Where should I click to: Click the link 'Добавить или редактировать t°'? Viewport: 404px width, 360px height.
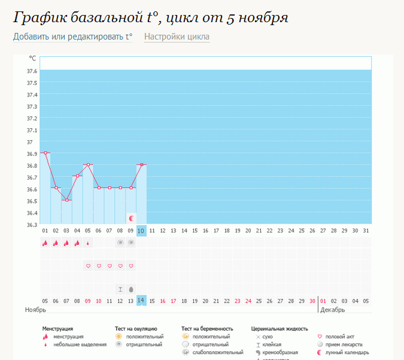pyautogui.click(x=73, y=37)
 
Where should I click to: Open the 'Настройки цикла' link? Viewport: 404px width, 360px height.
pyautogui.click(x=177, y=37)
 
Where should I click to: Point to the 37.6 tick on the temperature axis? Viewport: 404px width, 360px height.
pyautogui.click(x=32, y=71)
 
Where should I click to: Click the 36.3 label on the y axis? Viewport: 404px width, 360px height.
pyautogui.click(x=32, y=225)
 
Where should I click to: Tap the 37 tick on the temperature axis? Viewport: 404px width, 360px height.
pyautogui.click(x=29, y=142)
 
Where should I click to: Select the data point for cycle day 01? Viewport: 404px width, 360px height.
pyautogui.click(x=45, y=153)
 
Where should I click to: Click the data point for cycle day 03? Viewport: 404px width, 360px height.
pyautogui.click(x=66, y=200)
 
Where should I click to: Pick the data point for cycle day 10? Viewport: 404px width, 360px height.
pyautogui.click(x=141, y=165)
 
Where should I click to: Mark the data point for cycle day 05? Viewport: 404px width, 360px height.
pyautogui.click(x=88, y=165)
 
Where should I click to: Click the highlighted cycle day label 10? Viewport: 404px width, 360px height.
pyautogui.click(x=141, y=231)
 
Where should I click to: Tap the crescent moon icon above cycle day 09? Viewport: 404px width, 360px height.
pyautogui.click(x=131, y=219)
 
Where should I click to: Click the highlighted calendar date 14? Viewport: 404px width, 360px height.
pyautogui.click(x=141, y=301)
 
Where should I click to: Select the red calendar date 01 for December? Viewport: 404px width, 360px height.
pyautogui.click(x=323, y=301)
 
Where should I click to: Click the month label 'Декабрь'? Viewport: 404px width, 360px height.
pyautogui.click(x=333, y=310)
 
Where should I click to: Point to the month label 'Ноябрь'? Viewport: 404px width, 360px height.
pyautogui.click(x=35, y=310)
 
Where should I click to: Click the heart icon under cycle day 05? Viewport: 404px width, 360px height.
pyautogui.click(x=88, y=266)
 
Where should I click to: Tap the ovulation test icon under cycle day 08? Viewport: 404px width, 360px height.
pyautogui.click(x=120, y=243)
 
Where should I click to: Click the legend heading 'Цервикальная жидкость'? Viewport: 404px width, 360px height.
pyautogui.click(x=280, y=329)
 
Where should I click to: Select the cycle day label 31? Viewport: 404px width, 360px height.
pyautogui.click(x=366, y=231)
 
